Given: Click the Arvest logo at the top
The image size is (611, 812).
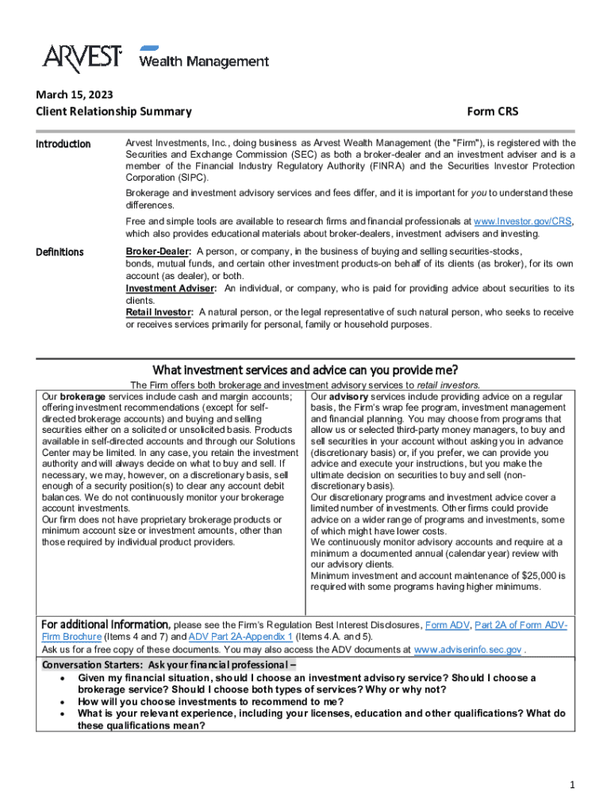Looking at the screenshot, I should click(x=82, y=57).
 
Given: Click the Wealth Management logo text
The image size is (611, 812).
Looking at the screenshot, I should click(x=204, y=61).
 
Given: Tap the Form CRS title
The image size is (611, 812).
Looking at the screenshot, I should click(x=492, y=112).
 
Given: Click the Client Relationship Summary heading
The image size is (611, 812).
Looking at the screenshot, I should click(x=113, y=112).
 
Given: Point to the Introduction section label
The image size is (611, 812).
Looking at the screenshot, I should click(x=64, y=144).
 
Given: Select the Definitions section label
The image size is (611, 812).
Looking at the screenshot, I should click(x=60, y=252).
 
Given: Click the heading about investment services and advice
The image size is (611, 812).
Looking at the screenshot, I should click(x=305, y=370).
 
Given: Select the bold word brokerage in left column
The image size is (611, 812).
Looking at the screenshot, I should click(x=83, y=396).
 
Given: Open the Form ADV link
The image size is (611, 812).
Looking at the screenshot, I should click(x=447, y=625).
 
